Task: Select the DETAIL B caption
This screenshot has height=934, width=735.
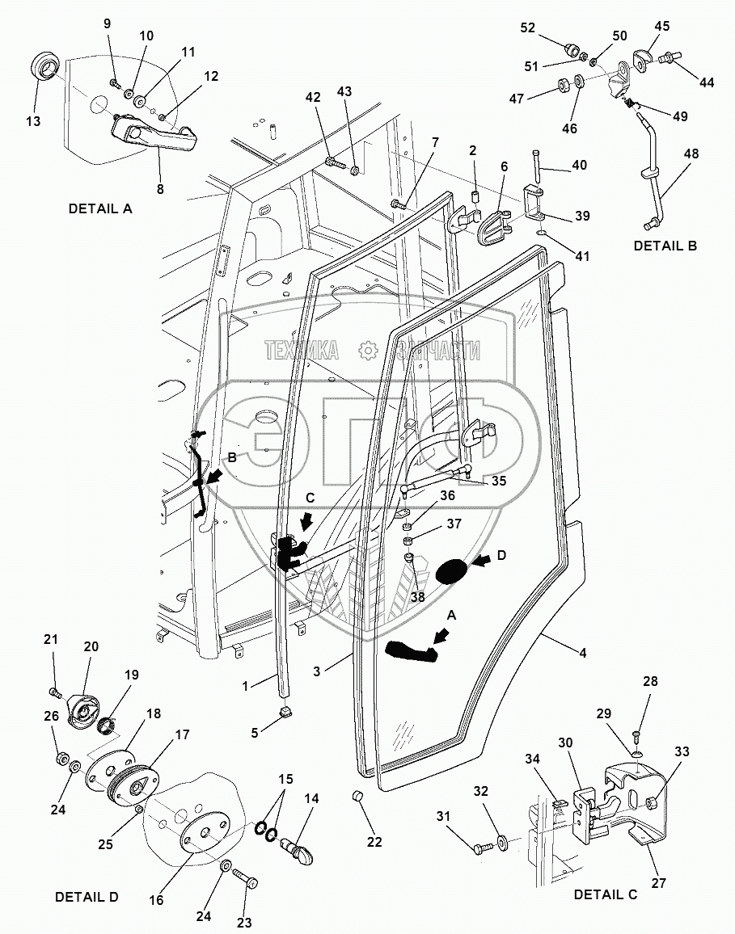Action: [x=665, y=246]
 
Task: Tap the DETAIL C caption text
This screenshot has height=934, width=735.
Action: [x=606, y=894]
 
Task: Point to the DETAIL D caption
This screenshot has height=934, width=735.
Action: [x=87, y=897]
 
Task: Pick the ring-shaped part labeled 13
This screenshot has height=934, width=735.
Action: [x=44, y=64]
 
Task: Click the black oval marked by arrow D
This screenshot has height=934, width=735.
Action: [x=451, y=571]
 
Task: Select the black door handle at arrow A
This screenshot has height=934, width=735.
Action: [x=412, y=650]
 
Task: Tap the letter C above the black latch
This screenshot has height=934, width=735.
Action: [x=310, y=499]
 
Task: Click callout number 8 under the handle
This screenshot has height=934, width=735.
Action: [x=159, y=190]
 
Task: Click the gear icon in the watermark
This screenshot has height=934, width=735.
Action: [x=368, y=349]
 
